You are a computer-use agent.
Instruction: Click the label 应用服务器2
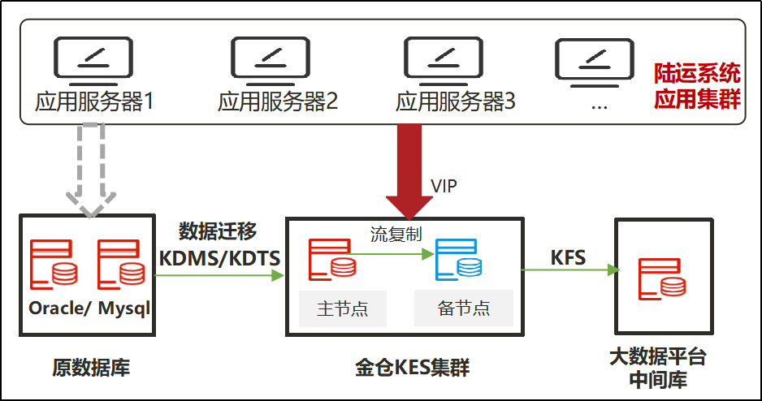[278, 102]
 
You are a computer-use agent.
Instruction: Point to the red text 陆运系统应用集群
[697, 86]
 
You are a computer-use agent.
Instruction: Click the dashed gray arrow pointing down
[91, 170]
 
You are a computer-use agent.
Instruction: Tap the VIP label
[444, 186]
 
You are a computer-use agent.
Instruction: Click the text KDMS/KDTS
[219, 258]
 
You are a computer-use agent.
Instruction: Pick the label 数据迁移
[218, 231]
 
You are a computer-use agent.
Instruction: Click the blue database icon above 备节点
[459, 259]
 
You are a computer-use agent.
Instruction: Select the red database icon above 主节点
[332, 259]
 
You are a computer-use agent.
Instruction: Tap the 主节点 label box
[343, 308]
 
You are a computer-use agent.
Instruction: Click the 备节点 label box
[464, 308]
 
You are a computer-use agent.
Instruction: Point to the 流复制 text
[396, 235]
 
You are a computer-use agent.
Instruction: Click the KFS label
[568, 257]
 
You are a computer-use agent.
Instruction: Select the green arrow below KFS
[570, 270]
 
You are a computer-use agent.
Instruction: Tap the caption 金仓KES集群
[413, 368]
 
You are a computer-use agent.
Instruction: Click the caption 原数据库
[91, 368]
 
